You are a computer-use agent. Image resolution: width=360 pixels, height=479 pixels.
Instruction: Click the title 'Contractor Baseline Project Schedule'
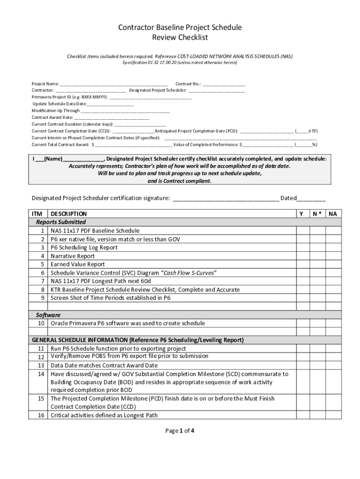click(180, 28)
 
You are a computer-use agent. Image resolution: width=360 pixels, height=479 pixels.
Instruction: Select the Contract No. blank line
click(224, 84)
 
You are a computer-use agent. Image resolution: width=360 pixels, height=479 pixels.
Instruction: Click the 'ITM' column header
click(37, 214)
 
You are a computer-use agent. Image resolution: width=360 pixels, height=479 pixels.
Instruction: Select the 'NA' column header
click(332, 214)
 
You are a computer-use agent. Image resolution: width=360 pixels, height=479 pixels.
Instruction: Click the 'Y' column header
click(302, 214)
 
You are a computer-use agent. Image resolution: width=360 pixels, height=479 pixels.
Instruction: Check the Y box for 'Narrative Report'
click(302, 256)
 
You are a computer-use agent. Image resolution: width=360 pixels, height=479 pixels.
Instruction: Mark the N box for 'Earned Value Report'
click(317, 264)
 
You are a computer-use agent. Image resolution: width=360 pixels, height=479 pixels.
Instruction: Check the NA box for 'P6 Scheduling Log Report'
click(332, 247)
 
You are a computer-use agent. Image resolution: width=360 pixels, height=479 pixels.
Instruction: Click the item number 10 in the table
click(41, 323)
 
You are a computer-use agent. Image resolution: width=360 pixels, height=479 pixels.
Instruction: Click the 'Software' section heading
click(49, 315)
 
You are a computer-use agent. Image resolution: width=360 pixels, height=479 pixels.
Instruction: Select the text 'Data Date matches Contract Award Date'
click(104, 365)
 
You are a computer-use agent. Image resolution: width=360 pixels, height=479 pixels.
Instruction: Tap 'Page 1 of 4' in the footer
click(180, 431)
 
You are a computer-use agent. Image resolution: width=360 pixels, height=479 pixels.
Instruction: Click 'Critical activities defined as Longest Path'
click(104, 415)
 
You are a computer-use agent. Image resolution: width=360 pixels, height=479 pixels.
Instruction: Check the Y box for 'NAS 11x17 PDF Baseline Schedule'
click(302, 231)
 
